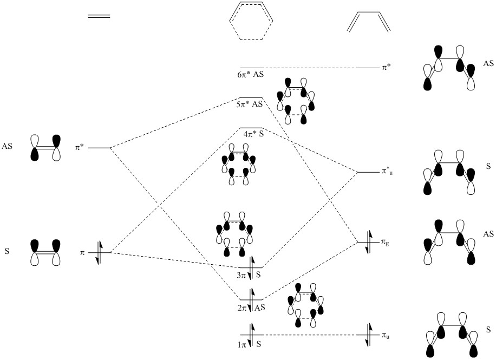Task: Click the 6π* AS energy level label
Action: pyautogui.click(x=250, y=75)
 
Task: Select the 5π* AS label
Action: pyautogui.click(x=250, y=104)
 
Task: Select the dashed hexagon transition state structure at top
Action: pyautogui.click(x=251, y=24)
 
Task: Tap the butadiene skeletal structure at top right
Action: pyautogui.click(x=368, y=22)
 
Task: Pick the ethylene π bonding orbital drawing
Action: pyautogui.click(x=45, y=252)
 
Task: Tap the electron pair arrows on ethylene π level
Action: pyautogui.click(x=99, y=252)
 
